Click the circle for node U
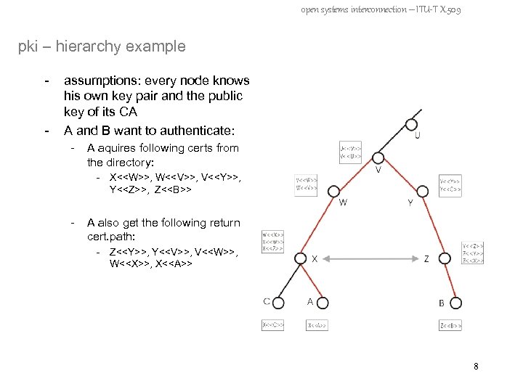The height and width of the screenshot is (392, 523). tap(415, 120)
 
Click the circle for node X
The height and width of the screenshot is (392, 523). tap(303, 258)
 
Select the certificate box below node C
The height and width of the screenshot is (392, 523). tap(272, 326)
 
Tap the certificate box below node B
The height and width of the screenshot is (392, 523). tap(450, 326)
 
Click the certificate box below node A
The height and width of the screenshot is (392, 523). tap(317, 326)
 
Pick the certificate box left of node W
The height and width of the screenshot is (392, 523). tap(306, 184)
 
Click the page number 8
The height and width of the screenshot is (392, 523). tap(475, 367)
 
